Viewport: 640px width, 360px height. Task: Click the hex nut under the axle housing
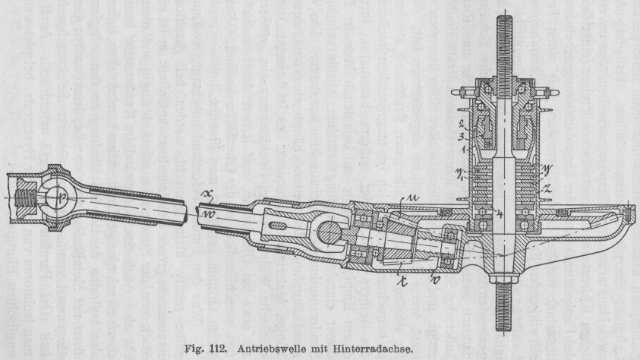tap(503, 286)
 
